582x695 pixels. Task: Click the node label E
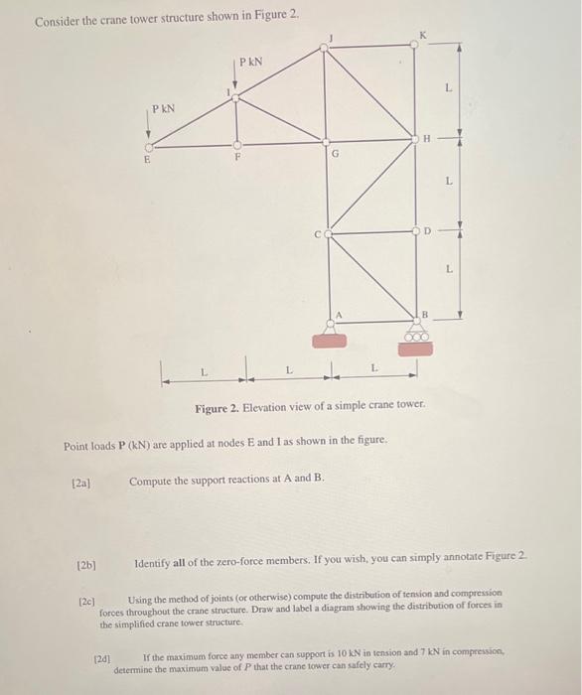coord(148,158)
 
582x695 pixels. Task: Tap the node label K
coord(425,37)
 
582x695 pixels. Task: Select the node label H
coord(426,139)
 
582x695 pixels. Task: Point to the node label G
coord(336,154)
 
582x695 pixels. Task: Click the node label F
coord(236,157)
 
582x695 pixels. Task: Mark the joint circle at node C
coord(329,234)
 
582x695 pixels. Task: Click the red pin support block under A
coord(329,341)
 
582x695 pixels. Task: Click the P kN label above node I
coord(249,63)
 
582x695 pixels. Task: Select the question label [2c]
coord(88,601)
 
